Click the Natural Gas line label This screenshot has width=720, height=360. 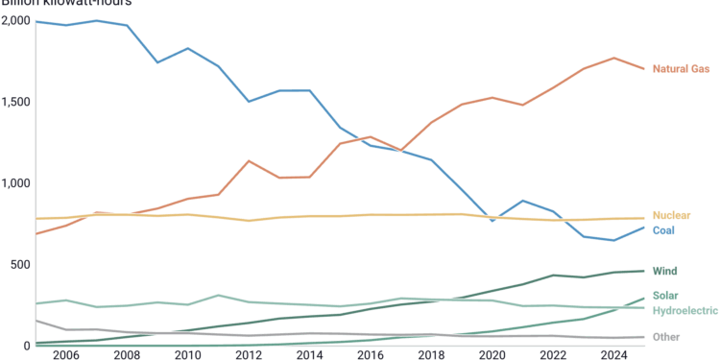(682, 69)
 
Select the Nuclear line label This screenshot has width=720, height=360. (671, 215)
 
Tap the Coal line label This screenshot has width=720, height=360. (665, 230)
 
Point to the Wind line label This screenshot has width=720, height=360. (665, 272)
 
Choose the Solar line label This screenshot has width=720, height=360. (666, 296)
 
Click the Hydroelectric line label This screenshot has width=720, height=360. (684, 311)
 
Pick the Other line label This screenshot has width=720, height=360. (666, 337)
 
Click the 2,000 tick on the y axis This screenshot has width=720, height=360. (15, 21)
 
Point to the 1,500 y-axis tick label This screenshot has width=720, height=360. (15, 102)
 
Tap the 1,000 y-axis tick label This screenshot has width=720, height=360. (15, 183)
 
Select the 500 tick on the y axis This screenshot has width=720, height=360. (20, 264)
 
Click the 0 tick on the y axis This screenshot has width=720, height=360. (27, 346)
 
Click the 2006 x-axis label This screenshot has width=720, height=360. (66, 355)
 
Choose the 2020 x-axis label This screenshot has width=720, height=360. (492, 355)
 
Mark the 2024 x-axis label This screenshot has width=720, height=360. (612, 355)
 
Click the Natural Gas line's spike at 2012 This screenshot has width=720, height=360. (250, 160)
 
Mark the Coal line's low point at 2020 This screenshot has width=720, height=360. (492, 222)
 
